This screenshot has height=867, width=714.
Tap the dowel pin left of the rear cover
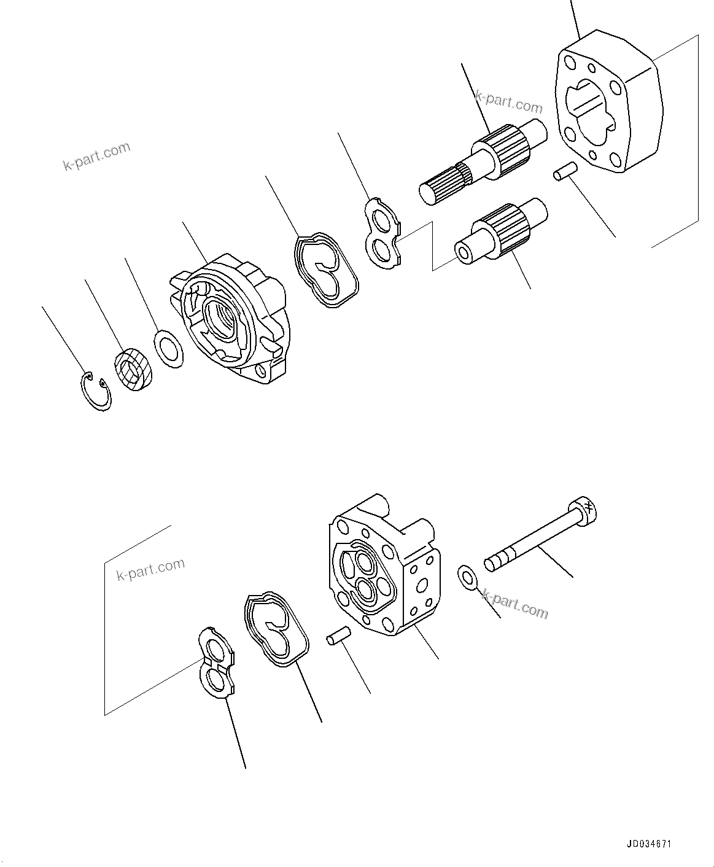pyautogui.click(x=338, y=635)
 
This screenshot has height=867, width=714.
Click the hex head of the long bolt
pyautogui.click(x=583, y=509)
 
